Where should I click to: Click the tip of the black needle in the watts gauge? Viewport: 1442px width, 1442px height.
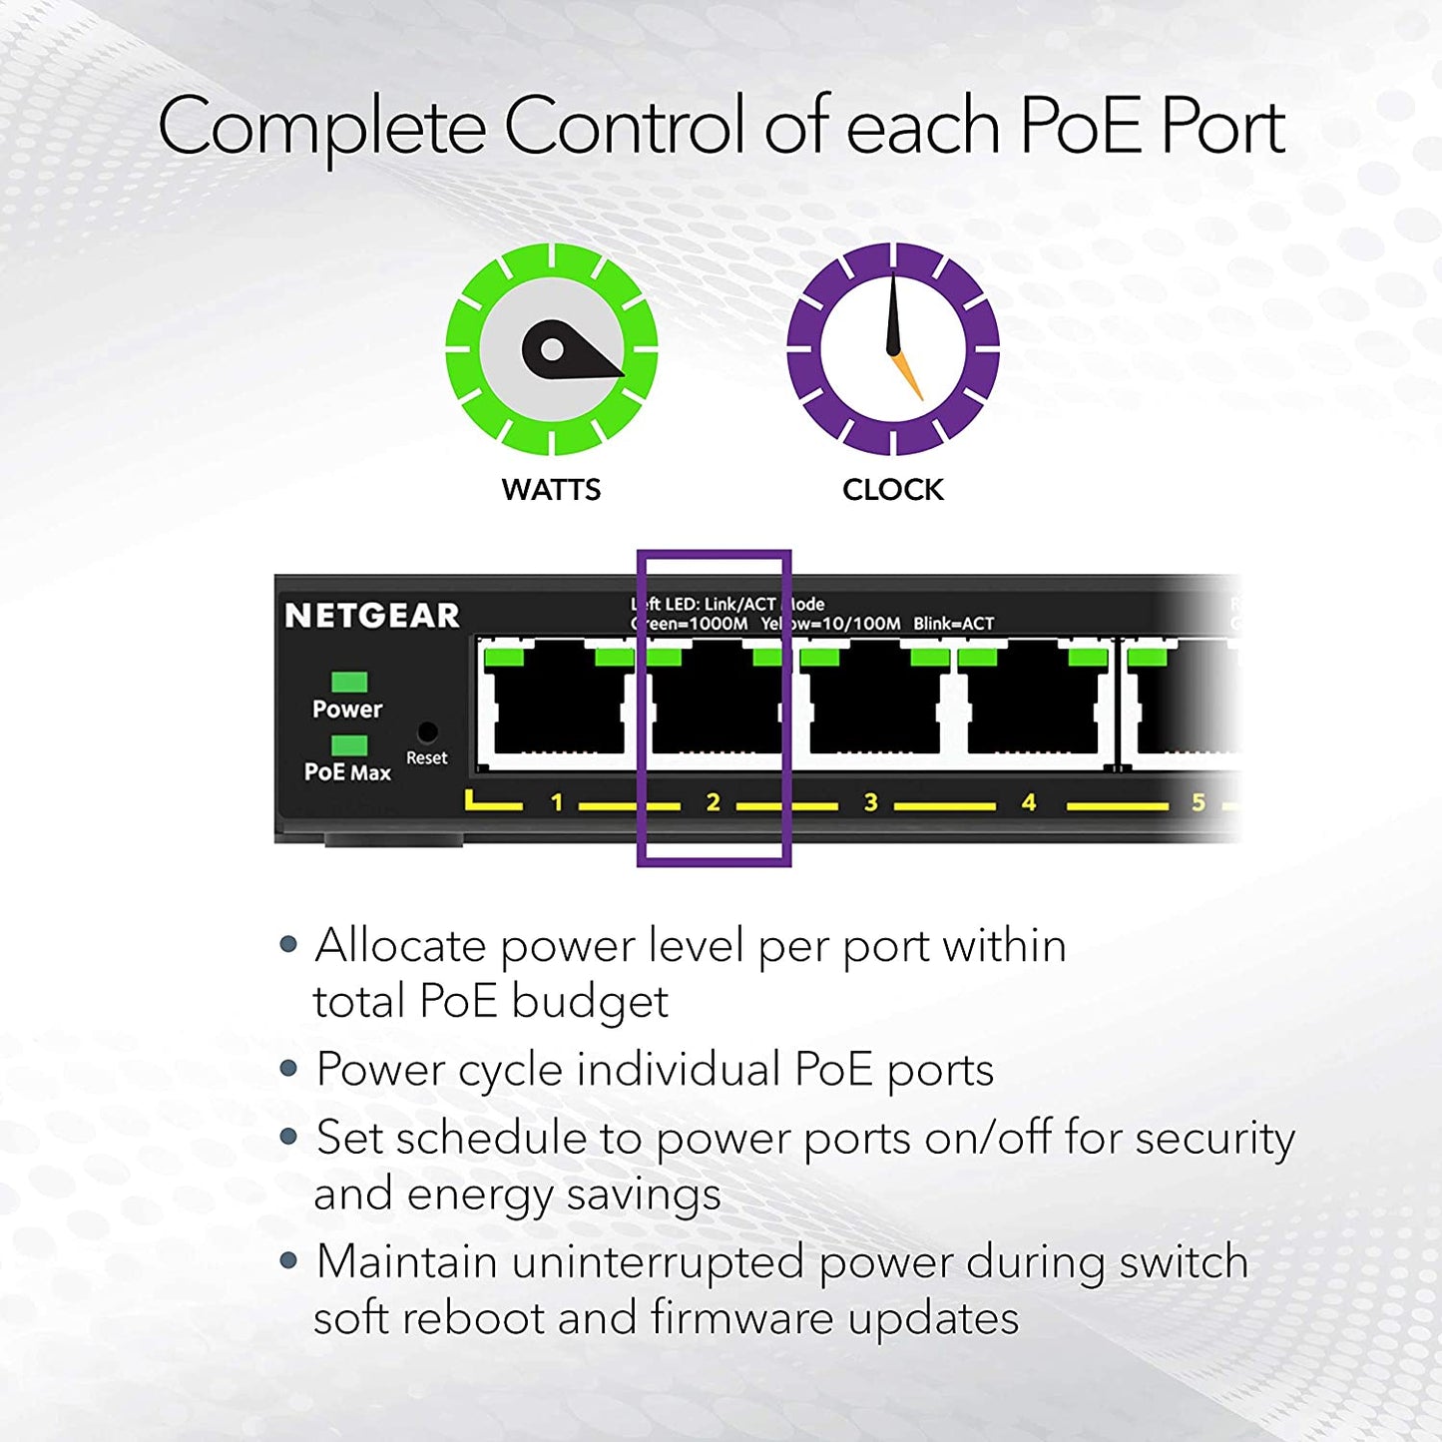point(624,374)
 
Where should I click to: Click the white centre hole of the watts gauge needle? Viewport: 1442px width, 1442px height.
point(552,349)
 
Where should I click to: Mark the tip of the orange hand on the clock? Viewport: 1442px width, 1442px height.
point(921,399)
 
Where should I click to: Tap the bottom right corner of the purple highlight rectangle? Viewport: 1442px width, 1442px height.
point(791,866)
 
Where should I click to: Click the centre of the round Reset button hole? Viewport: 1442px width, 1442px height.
point(427,731)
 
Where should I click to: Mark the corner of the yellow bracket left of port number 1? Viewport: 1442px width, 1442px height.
point(468,806)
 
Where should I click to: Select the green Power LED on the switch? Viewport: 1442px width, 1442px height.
point(349,681)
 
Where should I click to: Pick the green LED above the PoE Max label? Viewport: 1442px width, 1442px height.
point(349,744)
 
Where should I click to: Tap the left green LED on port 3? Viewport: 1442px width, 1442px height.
point(819,658)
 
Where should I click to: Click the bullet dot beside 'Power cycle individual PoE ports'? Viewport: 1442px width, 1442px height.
point(288,1068)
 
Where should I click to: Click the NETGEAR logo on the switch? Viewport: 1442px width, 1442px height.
point(372,616)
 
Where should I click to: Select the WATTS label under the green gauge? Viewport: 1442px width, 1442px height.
point(552,489)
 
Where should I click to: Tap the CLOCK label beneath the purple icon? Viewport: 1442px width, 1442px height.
point(893,489)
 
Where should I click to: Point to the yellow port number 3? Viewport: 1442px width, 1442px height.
point(871,802)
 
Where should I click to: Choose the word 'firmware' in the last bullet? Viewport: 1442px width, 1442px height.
point(741,1317)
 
